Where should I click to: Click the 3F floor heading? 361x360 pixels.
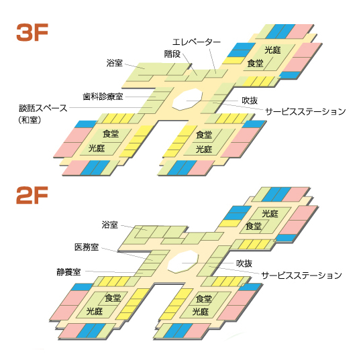(x=32, y=32)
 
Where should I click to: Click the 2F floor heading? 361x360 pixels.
(x=32, y=195)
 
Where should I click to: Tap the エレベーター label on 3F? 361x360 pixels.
(x=197, y=42)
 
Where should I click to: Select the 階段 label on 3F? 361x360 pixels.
(x=172, y=54)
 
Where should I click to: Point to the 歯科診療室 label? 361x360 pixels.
(x=103, y=97)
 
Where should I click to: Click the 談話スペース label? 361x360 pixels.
(x=43, y=108)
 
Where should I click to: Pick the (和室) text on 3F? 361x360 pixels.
(x=30, y=120)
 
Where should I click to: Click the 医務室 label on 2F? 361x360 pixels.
(x=87, y=247)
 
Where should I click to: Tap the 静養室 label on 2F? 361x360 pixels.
(x=68, y=272)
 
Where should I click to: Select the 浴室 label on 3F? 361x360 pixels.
(x=115, y=63)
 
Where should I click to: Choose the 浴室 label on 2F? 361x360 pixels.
(x=110, y=225)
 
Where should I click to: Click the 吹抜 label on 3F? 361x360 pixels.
(x=250, y=101)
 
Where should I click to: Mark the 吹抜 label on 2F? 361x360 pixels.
(x=244, y=263)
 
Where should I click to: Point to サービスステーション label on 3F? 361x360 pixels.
(x=305, y=111)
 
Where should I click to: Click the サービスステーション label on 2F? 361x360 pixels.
(x=301, y=275)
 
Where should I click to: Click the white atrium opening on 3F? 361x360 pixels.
(x=187, y=99)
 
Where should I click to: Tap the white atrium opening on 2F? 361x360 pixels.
(x=183, y=261)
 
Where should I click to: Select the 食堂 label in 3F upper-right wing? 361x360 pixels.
(x=255, y=63)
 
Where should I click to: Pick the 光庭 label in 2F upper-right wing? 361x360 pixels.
(x=270, y=214)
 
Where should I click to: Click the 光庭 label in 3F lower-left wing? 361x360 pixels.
(x=97, y=148)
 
